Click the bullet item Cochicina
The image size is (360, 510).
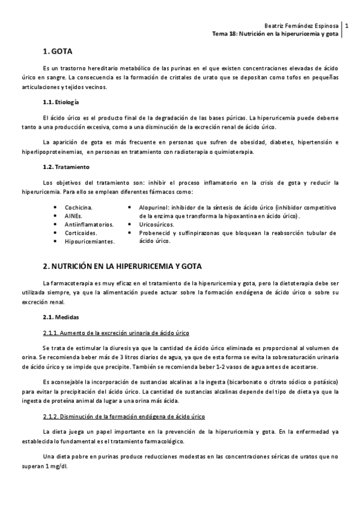point(84,207)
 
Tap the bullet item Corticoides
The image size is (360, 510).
point(86,232)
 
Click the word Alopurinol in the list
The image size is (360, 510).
point(156,207)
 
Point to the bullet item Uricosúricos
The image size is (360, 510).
point(161,224)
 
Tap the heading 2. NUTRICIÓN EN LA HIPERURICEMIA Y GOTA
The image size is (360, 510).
point(123,266)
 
